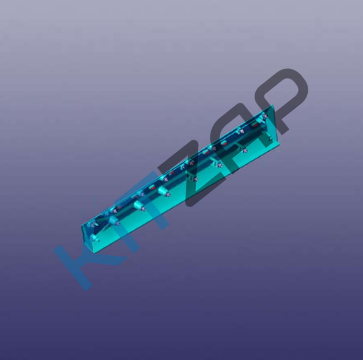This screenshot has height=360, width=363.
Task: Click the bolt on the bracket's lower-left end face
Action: point(95,238)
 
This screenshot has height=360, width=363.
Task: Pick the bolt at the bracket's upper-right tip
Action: point(263,117)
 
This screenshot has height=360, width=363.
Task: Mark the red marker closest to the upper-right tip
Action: point(255,125)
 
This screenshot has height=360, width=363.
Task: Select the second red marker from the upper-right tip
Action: point(224,143)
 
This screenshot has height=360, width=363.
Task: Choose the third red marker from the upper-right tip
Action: point(205,152)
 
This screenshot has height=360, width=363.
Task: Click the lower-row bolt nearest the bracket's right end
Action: point(270,139)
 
